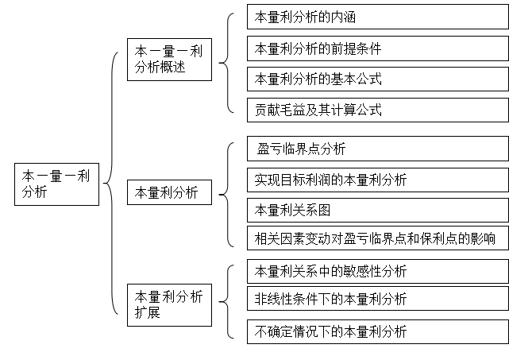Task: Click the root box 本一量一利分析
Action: [57, 184]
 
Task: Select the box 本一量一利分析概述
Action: [169, 60]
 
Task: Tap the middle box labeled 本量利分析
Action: [169, 192]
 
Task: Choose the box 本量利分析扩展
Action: [169, 305]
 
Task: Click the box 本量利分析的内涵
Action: [378, 17]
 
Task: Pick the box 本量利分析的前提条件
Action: [378, 48]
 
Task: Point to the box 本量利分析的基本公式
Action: [378, 79]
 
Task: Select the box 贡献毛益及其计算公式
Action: [378, 110]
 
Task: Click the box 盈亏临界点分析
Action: [378, 149]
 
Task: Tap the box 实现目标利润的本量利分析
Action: [378, 180]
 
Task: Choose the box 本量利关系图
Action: [378, 211]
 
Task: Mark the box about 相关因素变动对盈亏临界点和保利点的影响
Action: [378, 238]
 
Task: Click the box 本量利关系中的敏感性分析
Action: [378, 271]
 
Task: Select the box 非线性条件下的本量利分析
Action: [378, 299]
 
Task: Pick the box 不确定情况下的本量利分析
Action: [378, 331]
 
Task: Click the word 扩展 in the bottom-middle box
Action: [148, 312]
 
